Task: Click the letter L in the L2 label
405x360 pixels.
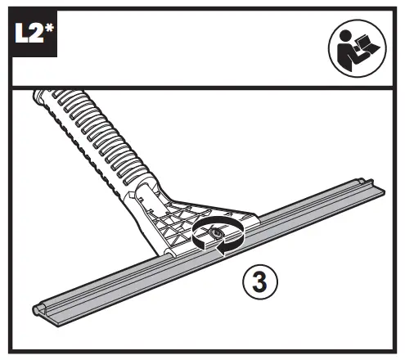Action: [x=21, y=33]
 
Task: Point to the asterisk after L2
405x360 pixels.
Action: [x=49, y=29]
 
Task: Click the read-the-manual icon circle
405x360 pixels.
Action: [x=358, y=48]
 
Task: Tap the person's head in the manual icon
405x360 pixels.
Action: [x=345, y=36]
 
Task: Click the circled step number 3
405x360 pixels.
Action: [x=260, y=281]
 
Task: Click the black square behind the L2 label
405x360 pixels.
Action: [x=34, y=34]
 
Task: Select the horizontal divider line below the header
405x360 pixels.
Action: [x=202, y=88]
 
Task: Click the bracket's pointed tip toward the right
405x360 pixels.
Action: [x=255, y=218]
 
